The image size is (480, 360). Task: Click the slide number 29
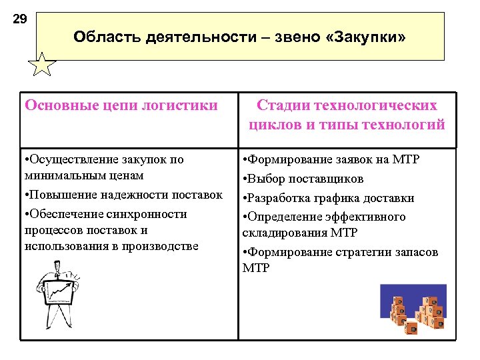(x=20, y=19)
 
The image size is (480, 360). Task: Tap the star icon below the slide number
(x=42, y=66)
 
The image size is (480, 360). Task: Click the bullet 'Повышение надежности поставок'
(x=123, y=195)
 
